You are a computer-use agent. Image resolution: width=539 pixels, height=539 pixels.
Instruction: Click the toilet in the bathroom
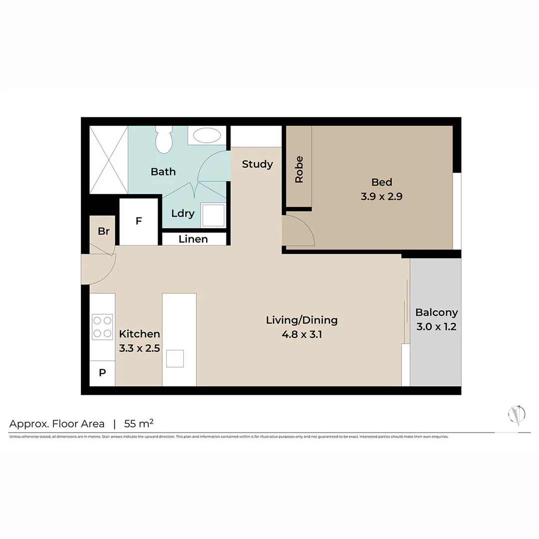pos(163,140)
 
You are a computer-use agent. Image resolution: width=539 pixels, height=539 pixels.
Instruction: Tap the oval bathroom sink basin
pos(207,136)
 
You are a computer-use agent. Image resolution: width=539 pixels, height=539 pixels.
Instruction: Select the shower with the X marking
pos(109,160)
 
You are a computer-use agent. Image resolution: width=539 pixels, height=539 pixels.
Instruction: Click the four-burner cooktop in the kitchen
pos(102,327)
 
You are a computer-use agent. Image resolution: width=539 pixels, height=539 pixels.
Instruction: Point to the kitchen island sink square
pos(175,358)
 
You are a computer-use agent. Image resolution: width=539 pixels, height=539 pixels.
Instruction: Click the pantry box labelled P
pos(102,372)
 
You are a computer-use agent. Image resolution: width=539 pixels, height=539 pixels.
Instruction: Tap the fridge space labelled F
pos(139,221)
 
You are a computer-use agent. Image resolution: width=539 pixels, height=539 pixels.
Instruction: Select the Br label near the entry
pos(103,231)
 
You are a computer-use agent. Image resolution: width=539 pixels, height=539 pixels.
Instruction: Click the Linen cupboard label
pos(193,239)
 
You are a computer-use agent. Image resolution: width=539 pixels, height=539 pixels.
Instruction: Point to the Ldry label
pos(183,213)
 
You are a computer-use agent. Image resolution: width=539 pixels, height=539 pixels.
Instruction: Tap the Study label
pos(258,164)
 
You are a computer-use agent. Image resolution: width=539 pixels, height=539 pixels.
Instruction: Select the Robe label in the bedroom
pos(299,170)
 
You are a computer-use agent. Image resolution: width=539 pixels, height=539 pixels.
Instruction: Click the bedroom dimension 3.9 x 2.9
pos(381,196)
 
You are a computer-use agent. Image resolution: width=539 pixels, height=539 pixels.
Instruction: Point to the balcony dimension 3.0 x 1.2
pos(436,327)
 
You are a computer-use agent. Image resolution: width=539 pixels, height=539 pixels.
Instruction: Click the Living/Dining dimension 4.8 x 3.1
pos(301,334)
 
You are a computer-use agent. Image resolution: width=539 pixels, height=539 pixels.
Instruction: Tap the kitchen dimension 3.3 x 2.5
pos(139,348)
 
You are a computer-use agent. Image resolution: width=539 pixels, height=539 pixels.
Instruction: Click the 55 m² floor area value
pos(139,424)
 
